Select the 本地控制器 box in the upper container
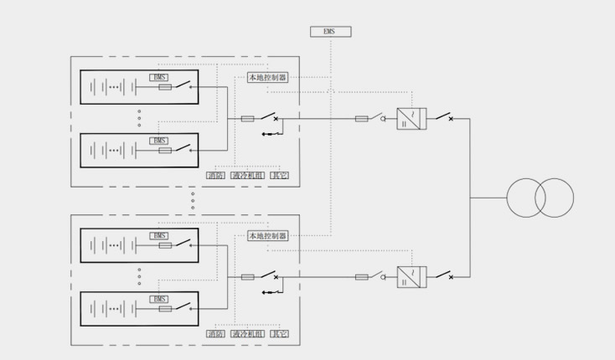[x=267, y=77]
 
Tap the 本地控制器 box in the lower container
[x=267, y=236]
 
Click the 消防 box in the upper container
[x=215, y=175]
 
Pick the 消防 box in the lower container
[x=215, y=334]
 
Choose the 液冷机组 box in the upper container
[x=248, y=175]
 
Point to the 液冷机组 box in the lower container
[x=248, y=334]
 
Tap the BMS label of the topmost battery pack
[x=159, y=77]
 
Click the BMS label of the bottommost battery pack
[x=159, y=299]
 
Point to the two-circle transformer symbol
[x=540, y=198]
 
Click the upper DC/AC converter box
[x=411, y=118]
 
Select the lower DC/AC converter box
[x=411, y=277]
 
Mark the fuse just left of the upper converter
[x=362, y=119]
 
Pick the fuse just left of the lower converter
[x=362, y=277]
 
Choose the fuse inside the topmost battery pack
[x=165, y=87]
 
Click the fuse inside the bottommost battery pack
[x=165, y=309]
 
